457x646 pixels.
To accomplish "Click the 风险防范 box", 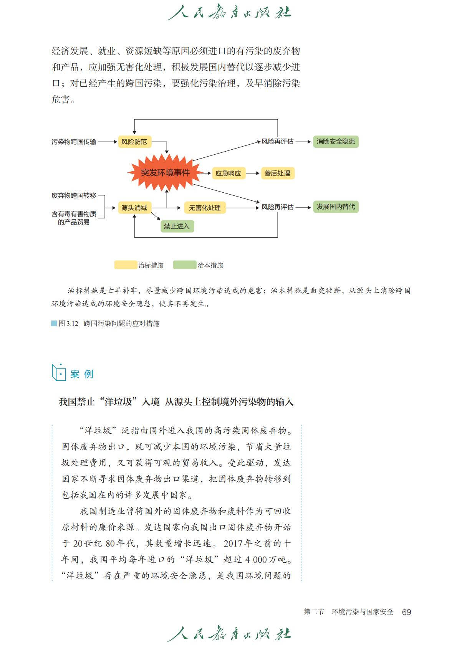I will [134, 142].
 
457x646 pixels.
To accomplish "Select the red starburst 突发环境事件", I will [165, 173].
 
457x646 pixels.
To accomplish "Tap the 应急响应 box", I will [228, 173].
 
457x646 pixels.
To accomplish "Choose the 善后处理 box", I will [277, 173].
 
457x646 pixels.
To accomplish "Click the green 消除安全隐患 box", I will [336, 141].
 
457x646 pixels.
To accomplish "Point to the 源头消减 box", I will [134, 208].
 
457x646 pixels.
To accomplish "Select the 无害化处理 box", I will [204, 208].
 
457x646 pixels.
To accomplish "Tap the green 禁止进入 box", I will [177, 226].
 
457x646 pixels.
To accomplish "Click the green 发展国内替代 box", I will [336, 207].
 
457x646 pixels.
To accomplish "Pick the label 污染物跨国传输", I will [74, 142].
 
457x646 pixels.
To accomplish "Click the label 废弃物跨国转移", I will [74, 195].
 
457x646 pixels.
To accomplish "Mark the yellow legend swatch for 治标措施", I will [126, 265].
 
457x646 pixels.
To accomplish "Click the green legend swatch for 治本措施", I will [184, 265].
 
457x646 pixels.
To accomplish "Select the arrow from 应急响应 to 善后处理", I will [252, 173].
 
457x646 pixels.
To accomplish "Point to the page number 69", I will [406, 612].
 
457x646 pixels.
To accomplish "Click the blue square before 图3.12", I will [54, 323].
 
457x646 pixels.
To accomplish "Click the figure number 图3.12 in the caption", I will [68, 324].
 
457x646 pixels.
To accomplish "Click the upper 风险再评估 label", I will [277, 141].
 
